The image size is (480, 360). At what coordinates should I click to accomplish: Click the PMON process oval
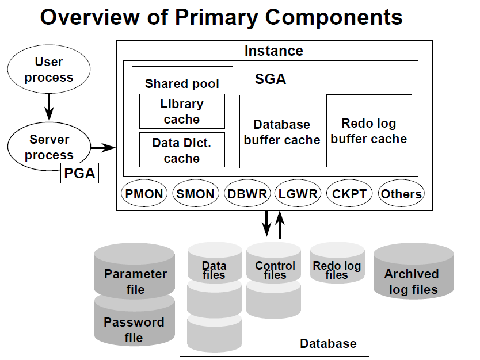[144, 193]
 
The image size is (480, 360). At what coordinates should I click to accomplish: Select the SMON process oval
[196, 193]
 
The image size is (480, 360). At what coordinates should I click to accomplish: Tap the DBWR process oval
[247, 193]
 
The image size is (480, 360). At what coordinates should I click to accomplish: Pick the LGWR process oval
[298, 193]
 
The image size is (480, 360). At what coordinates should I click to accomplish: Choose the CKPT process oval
[349, 193]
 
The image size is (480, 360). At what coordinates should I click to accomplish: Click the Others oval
[401, 193]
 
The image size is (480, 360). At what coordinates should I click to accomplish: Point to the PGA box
[79, 173]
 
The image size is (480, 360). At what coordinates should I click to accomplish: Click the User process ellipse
[49, 69]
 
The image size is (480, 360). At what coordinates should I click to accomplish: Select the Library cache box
[182, 112]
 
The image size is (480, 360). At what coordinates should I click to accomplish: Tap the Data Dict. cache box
[182, 150]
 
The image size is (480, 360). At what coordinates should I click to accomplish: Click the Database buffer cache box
[282, 132]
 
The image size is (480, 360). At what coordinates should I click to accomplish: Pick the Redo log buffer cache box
[369, 131]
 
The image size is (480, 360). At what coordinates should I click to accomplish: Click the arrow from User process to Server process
[49, 107]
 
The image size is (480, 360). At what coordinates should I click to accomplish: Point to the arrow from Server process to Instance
[104, 148]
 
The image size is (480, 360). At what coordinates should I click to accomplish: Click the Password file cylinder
[134, 321]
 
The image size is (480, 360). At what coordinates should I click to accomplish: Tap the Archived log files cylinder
[414, 271]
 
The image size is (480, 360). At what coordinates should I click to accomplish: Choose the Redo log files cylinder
[337, 263]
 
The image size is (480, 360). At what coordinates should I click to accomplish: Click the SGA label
[271, 79]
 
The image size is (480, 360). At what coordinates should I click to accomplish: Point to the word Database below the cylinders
[328, 343]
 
